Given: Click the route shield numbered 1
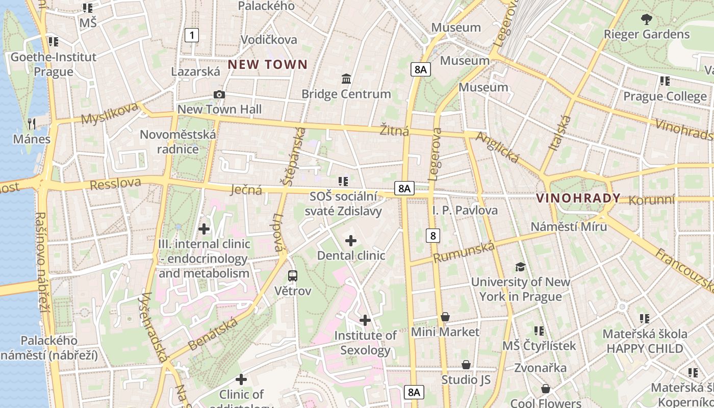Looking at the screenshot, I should click(191, 35).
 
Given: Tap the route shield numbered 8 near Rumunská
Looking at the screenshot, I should click(433, 235).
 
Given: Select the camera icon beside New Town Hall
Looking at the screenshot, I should click(219, 94).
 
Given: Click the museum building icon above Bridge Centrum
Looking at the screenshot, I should click(346, 79).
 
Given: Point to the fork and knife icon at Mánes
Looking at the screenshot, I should click(32, 123).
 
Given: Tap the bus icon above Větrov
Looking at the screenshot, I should click(293, 276).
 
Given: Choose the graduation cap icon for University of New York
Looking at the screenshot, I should click(520, 267).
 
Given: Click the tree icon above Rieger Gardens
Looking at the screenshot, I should click(646, 19).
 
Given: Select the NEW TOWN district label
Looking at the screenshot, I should click(268, 64).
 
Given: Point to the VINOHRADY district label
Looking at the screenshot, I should click(578, 198).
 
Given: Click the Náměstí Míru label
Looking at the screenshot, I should click(569, 226).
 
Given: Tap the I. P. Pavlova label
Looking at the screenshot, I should click(465, 210).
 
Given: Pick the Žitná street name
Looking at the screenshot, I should click(394, 131).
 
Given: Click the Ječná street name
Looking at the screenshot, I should click(246, 190).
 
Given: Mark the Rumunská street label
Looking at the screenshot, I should click(464, 252).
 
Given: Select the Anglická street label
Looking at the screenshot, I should click(497, 148).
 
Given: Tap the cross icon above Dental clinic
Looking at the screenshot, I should click(351, 241).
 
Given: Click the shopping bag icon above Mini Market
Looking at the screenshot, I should click(445, 317).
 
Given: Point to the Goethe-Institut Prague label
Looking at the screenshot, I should click(54, 64).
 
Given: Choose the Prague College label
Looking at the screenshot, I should click(665, 96).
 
